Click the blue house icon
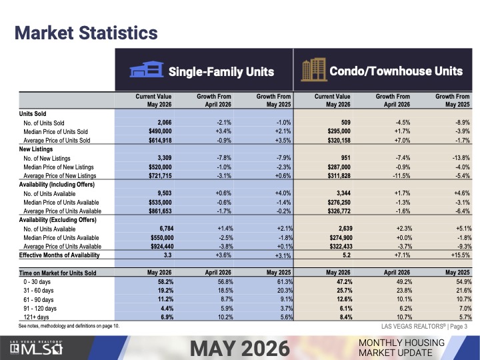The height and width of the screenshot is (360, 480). pyautogui.click(x=147, y=69)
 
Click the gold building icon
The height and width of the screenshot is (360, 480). pyautogui.click(x=314, y=70)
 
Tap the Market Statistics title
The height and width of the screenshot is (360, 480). pyautogui.click(x=86, y=33)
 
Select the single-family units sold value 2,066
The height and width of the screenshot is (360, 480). pyautogui.click(x=165, y=123)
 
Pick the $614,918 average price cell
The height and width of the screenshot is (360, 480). pyautogui.click(x=160, y=141)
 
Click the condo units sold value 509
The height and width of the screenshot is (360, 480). pyautogui.click(x=345, y=123)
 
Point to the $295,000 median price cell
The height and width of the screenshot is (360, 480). pyautogui.click(x=339, y=131)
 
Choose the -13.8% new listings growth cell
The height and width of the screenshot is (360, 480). pyautogui.click(x=461, y=158)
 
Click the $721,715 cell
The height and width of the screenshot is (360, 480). pyautogui.click(x=160, y=176)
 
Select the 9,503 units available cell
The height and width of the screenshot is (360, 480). pyautogui.click(x=165, y=193)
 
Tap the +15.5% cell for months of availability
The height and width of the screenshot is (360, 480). pyautogui.click(x=460, y=255)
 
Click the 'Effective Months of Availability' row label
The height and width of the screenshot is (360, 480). pyautogui.click(x=59, y=255)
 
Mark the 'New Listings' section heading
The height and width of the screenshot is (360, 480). pyautogui.click(x=36, y=149)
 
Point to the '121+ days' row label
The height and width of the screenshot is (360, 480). pyautogui.click(x=36, y=317)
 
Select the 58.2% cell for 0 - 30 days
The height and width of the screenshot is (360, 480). pyautogui.click(x=165, y=281)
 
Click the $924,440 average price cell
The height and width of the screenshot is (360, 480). pyautogui.click(x=162, y=247)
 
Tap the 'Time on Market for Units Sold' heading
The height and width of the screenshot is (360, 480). pyautogui.click(x=57, y=273)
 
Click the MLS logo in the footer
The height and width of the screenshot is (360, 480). pyautogui.click(x=36, y=349)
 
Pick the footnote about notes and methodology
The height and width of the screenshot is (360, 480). pyautogui.click(x=69, y=326)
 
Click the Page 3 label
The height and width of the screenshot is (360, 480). pyautogui.click(x=459, y=326)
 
